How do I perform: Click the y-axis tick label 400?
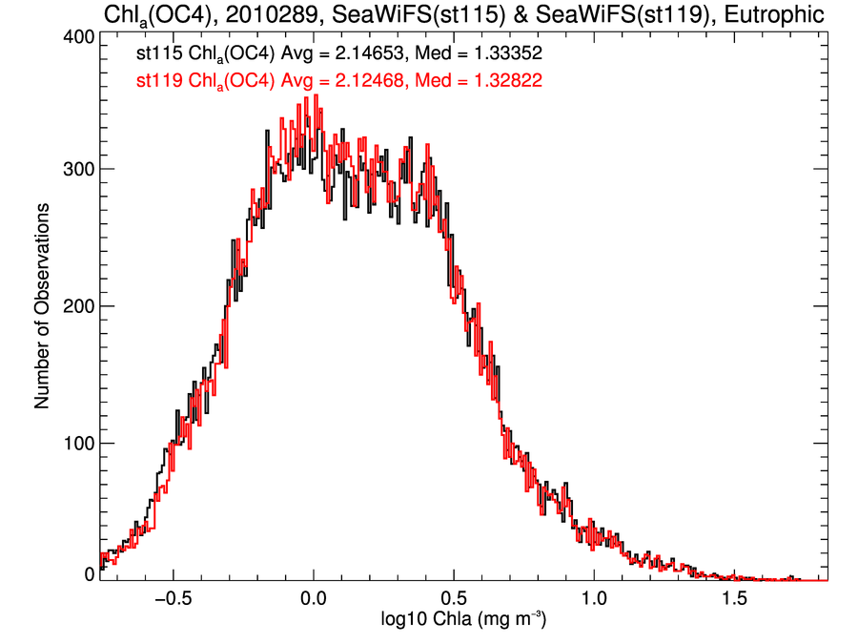pos(75,36)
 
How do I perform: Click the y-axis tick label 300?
pos(75,169)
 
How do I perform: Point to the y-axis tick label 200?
pos(75,306)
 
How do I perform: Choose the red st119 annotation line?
pos(338,81)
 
